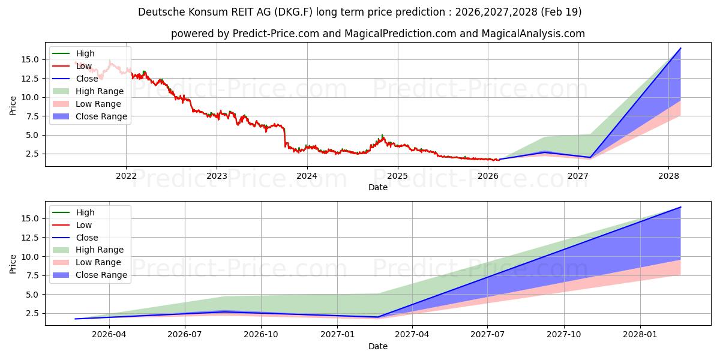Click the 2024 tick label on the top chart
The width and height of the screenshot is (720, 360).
point(307,176)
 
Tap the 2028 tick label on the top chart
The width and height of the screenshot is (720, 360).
point(668,176)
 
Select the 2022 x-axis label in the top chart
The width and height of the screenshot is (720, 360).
point(126,176)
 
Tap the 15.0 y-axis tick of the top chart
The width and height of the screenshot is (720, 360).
point(31,59)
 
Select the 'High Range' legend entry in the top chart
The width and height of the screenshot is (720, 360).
point(100,91)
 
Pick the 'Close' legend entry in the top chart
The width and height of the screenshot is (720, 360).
point(87,79)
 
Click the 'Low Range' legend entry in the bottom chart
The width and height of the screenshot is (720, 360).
point(98,262)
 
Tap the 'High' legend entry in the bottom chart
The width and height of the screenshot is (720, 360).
point(85,212)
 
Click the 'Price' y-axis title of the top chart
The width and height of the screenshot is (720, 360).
point(13,106)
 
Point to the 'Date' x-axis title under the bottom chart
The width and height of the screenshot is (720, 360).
point(378,346)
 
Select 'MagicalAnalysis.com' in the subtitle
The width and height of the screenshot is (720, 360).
point(534,34)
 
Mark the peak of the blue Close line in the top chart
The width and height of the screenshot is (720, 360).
point(680,48)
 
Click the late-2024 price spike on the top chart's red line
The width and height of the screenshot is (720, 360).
point(382,136)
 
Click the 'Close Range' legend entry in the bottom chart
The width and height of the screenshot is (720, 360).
point(101,275)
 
